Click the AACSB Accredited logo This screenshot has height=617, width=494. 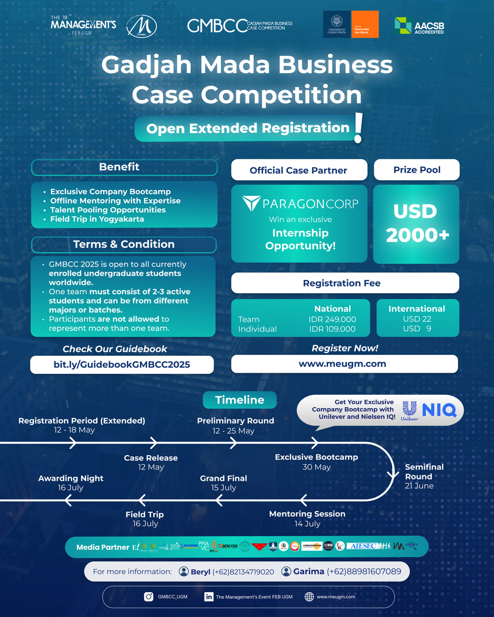pos(419,26)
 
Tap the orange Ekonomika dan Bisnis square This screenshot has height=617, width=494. pos(365,25)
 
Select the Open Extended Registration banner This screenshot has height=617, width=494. pos(247,128)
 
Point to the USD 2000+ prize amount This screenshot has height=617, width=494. pos(416,223)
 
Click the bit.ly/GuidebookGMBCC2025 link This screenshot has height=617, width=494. pos(122,365)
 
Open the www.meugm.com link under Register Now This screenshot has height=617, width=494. pos(342,364)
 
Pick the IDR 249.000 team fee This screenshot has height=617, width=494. pos(332,319)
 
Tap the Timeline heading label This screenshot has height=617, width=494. pos(240,400)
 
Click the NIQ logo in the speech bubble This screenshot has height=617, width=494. pos(439,410)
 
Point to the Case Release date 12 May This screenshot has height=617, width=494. pos(151,467)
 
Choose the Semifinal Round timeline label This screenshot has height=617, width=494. pos(424,471)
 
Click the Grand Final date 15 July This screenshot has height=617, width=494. pos(223,488)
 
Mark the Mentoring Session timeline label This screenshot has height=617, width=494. pos(307,514)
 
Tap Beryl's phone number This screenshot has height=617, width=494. pos(243,572)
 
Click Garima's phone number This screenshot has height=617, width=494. pos(364,572)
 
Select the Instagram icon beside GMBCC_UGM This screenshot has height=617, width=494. pos(148,597)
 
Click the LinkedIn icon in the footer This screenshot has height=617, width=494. pos(209,597)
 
